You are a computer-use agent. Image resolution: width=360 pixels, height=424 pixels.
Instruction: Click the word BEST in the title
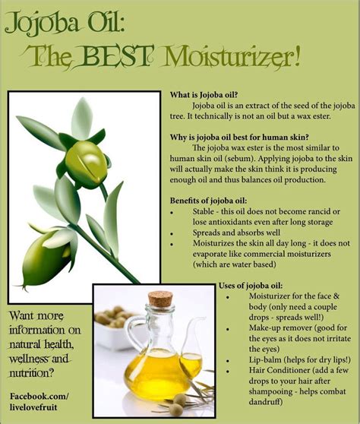pos(117,56)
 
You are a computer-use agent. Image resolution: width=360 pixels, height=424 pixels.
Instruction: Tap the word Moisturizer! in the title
pos(232,57)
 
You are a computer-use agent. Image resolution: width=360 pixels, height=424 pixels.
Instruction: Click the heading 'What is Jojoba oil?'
pos(204,95)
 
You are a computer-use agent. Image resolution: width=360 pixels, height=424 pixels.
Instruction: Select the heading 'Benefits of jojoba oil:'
pos(208,201)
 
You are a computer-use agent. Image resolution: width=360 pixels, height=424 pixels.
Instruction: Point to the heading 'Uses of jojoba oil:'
pos(251,286)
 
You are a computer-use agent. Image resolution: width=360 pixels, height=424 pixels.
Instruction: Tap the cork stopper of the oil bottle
pos(160,299)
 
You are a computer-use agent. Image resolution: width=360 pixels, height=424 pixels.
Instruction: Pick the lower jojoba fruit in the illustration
pos(46,258)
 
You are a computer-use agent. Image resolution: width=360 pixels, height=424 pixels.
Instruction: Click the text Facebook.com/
pos(39,397)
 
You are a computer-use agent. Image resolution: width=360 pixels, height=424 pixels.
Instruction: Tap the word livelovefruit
pos(33,407)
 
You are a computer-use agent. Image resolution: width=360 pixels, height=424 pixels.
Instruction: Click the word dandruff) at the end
pos(266,402)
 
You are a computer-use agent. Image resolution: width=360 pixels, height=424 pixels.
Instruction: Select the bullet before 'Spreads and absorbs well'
pos(172,233)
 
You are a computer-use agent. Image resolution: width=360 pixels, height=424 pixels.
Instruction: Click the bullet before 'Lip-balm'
pos(228,361)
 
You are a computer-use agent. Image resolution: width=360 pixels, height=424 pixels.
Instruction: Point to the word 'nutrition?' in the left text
pos(32,373)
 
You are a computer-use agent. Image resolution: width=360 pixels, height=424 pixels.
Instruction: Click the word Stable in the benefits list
pos(204,211)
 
